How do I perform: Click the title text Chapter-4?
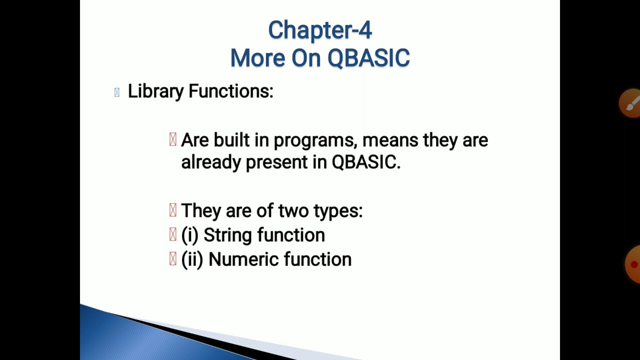tap(320, 30)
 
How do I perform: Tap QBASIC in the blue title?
tap(368, 58)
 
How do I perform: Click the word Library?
tap(155, 91)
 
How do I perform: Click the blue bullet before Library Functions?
tap(117, 92)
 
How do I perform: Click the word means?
tap(390, 140)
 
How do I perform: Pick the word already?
tap(210, 162)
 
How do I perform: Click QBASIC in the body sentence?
tap(365, 162)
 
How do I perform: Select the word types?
tap(338, 211)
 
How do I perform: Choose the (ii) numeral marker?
tap(192, 259)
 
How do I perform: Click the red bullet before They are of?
tap(173, 210)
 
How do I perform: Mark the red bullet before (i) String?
tap(173, 234)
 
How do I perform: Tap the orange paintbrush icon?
tap(630, 103)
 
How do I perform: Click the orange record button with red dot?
tap(632, 264)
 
